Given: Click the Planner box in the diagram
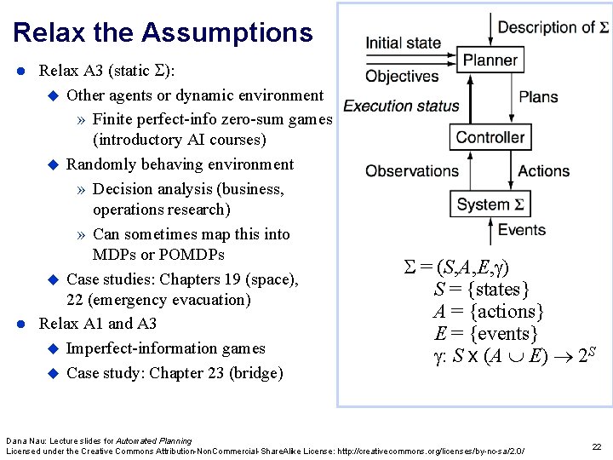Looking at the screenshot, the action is [x=490, y=60].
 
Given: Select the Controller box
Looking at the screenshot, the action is [x=490, y=137].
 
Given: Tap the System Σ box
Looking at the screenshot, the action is [x=490, y=204].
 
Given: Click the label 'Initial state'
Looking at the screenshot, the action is [x=404, y=43].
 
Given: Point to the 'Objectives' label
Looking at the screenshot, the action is [x=402, y=77].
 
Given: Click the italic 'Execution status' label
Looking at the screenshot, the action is [x=401, y=106].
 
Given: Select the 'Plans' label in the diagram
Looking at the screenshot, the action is [x=538, y=97].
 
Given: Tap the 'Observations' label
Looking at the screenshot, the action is [x=412, y=171].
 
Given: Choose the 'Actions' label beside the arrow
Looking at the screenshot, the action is [x=543, y=171].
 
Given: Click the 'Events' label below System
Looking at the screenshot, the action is [x=522, y=230].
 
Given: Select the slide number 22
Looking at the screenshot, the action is [x=596, y=447].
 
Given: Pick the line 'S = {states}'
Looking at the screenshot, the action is [x=482, y=289].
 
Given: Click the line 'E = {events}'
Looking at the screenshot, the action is [x=485, y=333].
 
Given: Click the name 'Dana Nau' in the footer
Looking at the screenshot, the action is [x=25, y=440].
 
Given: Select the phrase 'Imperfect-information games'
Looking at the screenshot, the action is [x=165, y=348].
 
